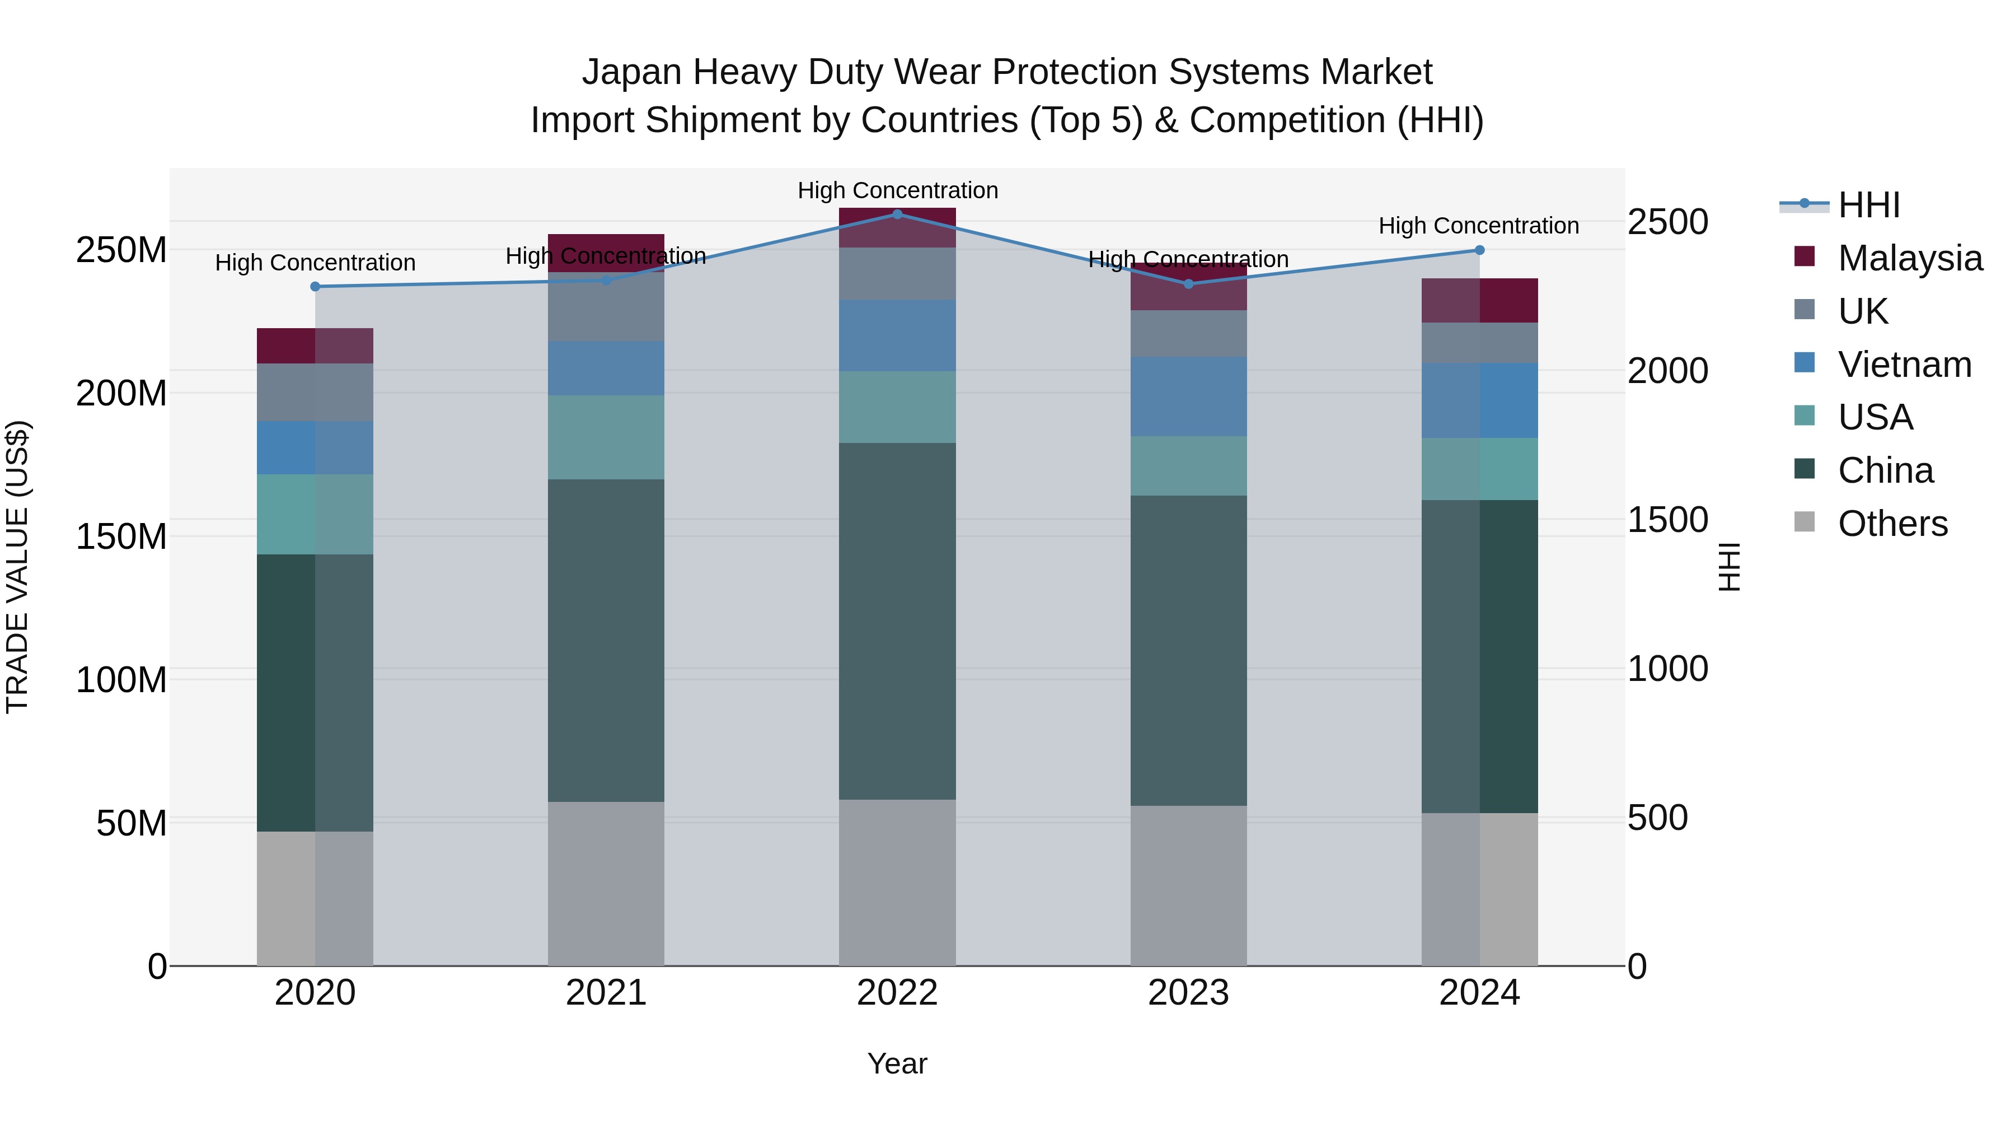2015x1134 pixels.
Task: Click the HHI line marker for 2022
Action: coord(897,214)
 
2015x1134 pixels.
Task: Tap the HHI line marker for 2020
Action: coord(315,286)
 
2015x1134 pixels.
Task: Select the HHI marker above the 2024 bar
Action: coord(1479,250)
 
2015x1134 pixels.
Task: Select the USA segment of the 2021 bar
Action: coord(606,437)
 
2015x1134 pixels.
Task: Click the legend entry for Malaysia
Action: coord(1909,258)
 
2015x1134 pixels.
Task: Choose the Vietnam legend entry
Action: coord(1904,365)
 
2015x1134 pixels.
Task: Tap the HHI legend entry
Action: coord(1868,205)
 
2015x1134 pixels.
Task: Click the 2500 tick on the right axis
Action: coord(1668,222)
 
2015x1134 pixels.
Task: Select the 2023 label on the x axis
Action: coord(1188,993)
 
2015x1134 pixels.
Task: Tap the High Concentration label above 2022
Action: coord(897,190)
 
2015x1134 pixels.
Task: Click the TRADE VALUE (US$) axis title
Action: coord(17,567)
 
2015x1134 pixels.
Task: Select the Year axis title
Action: coord(897,1063)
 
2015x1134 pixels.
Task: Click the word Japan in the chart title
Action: coord(632,72)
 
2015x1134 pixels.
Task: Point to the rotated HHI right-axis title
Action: coord(1730,567)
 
